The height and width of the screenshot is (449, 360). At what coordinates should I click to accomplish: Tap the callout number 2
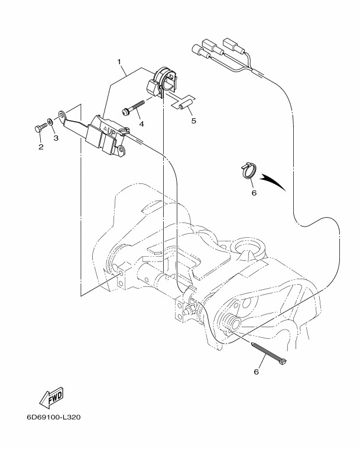[x=41, y=147]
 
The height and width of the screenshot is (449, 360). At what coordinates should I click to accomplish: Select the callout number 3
[x=57, y=138]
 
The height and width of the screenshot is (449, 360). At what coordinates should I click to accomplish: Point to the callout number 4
[x=142, y=123]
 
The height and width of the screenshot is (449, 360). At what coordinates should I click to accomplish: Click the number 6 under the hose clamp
[x=254, y=192]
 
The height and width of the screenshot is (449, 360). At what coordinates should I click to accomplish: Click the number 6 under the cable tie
[x=256, y=372]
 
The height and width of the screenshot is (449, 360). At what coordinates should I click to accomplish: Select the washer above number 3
[x=52, y=122]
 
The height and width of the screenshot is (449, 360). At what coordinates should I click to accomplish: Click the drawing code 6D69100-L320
[x=53, y=416]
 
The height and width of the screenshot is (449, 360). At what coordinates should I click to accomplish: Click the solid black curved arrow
[x=273, y=180]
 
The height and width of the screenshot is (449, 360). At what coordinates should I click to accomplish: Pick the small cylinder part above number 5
[x=183, y=104]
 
